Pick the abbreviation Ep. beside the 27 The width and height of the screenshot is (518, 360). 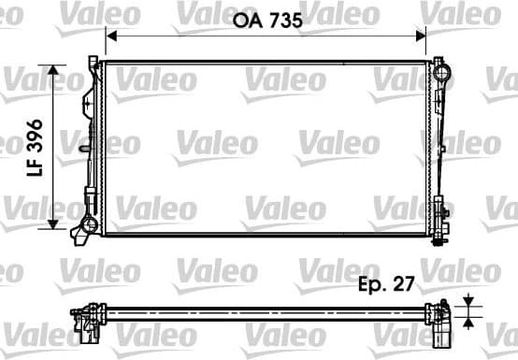click(371, 286)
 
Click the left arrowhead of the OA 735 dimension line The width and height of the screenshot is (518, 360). click(110, 35)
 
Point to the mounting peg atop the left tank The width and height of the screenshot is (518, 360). click(93, 61)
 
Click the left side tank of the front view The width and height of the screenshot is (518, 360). click(93, 145)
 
